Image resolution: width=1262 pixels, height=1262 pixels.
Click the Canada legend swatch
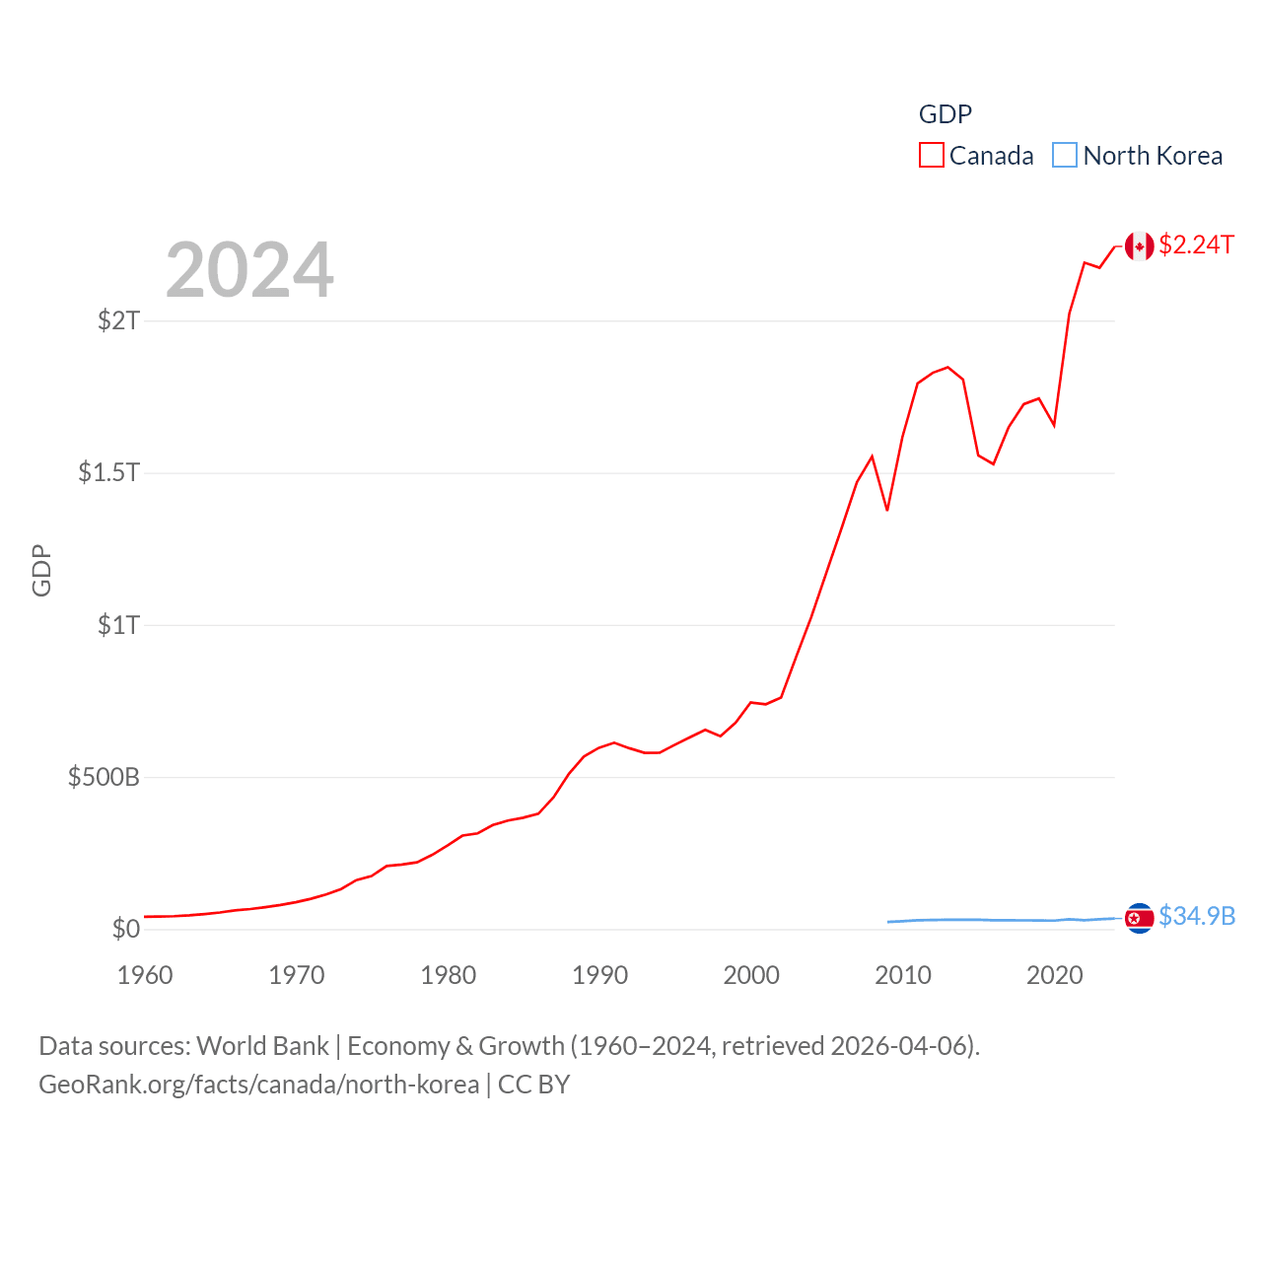pos(932,156)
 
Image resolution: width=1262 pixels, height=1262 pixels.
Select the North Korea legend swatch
pos(1065,156)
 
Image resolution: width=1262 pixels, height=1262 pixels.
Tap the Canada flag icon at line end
pos(1140,246)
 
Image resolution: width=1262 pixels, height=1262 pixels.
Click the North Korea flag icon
pos(1140,918)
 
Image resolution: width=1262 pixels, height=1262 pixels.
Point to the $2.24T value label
pos(1196,245)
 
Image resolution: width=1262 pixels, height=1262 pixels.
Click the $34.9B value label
pos(1197,916)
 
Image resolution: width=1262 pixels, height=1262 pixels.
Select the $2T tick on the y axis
pos(119,320)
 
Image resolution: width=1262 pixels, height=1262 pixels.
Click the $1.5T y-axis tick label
pos(109,472)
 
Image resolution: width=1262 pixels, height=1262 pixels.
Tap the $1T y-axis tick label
pos(119,625)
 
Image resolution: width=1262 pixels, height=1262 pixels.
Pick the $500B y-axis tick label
pos(105,777)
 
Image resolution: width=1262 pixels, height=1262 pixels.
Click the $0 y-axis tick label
pos(126,929)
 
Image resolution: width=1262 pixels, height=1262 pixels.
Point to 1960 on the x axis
pos(145,975)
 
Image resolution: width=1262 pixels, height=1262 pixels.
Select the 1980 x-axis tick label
pos(449,975)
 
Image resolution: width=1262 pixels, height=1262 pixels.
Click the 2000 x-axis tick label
pos(751,975)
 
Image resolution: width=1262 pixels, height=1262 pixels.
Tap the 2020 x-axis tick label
pos(1055,975)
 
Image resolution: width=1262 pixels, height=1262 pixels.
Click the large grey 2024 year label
pos(249,270)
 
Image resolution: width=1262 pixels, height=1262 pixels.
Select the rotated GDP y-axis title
pos(41,570)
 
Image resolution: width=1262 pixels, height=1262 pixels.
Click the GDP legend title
pos(946,114)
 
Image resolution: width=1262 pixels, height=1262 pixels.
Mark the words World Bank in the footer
pos(263,1046)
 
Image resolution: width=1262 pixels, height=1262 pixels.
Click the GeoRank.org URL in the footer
pos(259,1085)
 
